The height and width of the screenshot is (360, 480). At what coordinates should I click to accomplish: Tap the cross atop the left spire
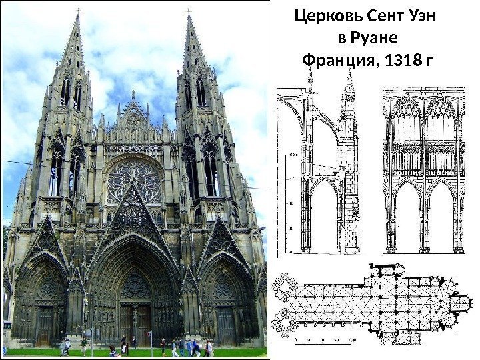pyautogui.click(x=78, y=11)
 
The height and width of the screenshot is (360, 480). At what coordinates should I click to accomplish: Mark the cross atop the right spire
pyautogui.click(x=189, y=11)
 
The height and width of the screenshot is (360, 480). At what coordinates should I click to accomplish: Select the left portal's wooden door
pyautogui.click(x=45, y=326)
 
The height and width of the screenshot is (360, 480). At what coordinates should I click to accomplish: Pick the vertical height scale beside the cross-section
pyautogui.click(x=291, y=200)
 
